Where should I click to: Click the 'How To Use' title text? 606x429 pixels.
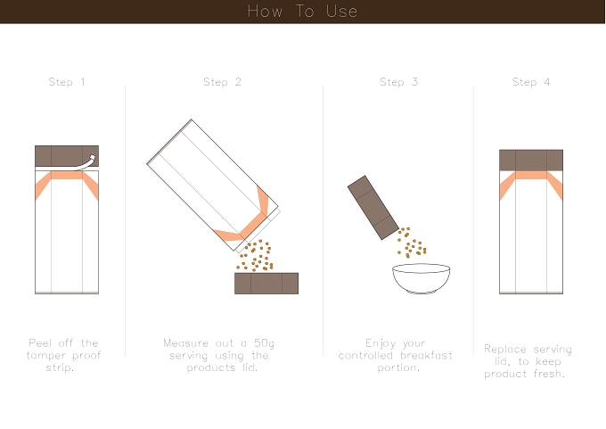pyautogui.click(x=303, y=12)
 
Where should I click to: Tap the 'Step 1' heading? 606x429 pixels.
pyautogui.click(x=67, y=82)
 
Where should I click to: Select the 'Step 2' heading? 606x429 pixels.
pyautogui.click(x=222, y=82)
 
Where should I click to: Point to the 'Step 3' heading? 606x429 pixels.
pyautogui.click(x=399, y=82)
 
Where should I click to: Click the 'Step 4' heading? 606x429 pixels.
pyautogui.click(x=531, y=82)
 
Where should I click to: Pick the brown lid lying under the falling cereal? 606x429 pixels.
pyautogui.click(x=266, y=284)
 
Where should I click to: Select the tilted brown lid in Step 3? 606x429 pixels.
pyautogui.click(x=373, y=208)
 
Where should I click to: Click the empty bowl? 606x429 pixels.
pyautogui.click(x=421, y=278)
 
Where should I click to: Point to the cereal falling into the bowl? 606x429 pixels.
pyautogui.click(x=411, y=243)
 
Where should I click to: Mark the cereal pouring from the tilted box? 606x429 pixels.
pyautogui.click(x=255, y=255)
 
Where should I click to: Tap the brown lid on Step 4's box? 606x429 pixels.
pyautogui.click(x=531, y=161)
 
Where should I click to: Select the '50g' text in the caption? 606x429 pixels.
pyautogui.click(x=264, y=343)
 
